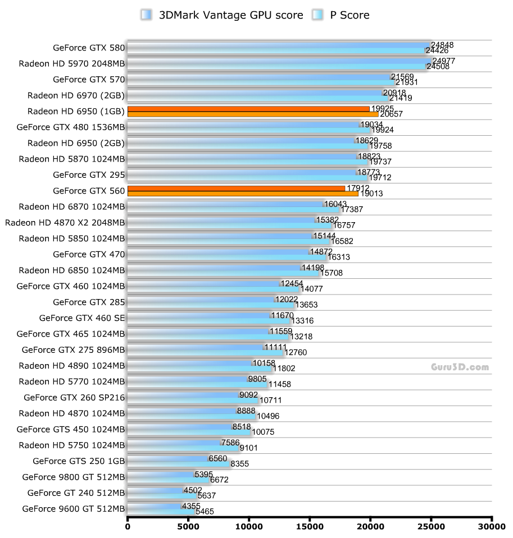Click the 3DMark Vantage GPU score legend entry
221,15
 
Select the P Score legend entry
341,15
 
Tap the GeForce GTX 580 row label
89,48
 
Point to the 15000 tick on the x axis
310,526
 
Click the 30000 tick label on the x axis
492,526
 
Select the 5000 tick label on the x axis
188,526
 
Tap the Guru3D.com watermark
460,367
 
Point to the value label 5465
204,512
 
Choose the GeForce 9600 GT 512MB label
74,509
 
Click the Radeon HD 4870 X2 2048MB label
65,222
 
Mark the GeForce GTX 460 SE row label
82,318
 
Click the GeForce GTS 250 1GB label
79,461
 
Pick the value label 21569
402,76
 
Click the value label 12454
292,283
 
